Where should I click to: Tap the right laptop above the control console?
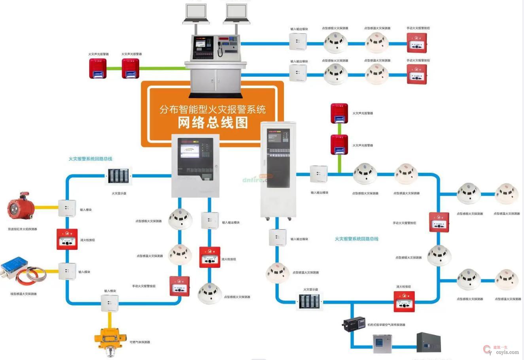pyautogui.click(x=237, y=14)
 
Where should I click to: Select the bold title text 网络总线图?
pyautogui.click(x=213, y=123)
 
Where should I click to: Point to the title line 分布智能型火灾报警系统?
pyautogui.click(x=213, y=109)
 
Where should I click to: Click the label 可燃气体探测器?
pyautogui.click(x=140, y=342)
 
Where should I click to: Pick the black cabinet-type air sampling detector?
pyautogui.click(x=353, y=324)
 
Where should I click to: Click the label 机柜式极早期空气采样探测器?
pyautogui.click(x=386, y=325)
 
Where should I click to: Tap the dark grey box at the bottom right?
pyautogui.click(x=428, y=342)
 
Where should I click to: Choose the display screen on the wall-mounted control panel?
pyautogui.click(x=189, y=151)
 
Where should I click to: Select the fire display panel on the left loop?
pyautogui.click(x=118, y=176)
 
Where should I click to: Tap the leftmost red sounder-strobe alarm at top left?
pyautogui.click(x=97, y=68)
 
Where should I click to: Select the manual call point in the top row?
pyautogui.click(x=417, y=43)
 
